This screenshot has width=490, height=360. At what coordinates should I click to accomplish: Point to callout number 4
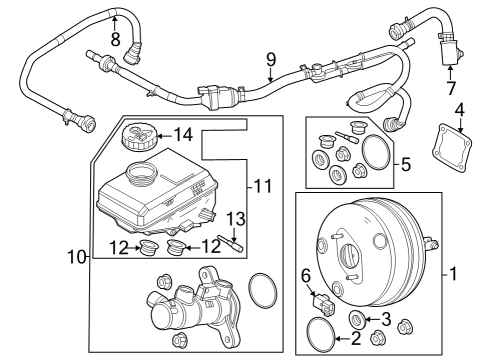pyautogui.click(x=458, y=108)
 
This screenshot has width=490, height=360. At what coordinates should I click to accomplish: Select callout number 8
pyautogui.click(x=115, y=40)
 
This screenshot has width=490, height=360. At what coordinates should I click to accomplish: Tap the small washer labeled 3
pyautogui.click(x=355, y=319)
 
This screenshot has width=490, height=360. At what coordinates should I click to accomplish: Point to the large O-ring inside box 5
pyautogui.click(x=376, y=153)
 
